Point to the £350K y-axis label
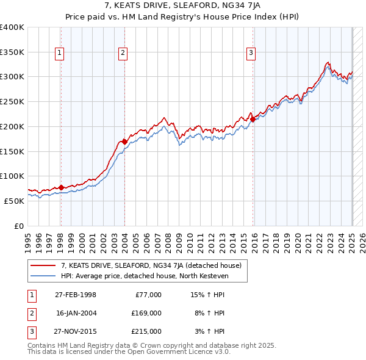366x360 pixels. click(x=12, y=52)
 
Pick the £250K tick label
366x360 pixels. click(x=12, y=102)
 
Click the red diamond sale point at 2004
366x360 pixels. click(x=124, y=142)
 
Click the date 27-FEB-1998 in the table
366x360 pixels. click(x=76, y=295)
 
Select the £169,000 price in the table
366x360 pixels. click(x=146, y=313)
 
